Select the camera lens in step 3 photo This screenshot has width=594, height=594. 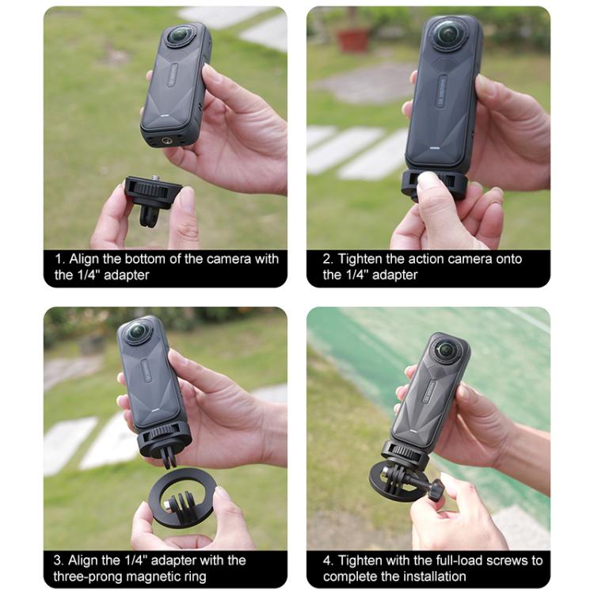(136, 332)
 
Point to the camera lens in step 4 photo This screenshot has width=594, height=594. (447, 349)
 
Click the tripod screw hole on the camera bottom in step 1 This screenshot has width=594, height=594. (168, 140)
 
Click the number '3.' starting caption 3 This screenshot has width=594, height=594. (59, 560)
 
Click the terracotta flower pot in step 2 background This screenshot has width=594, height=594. (352, 39)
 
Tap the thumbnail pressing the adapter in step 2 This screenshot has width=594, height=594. (428, 181)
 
